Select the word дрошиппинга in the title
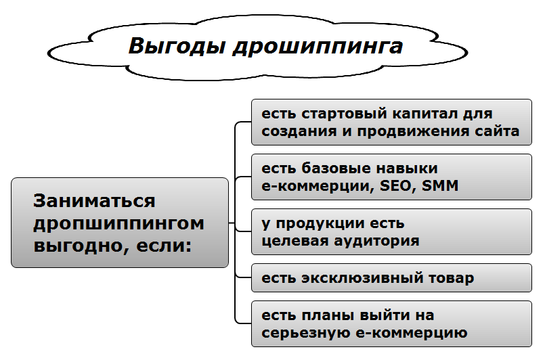click(318, 47)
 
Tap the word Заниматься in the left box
click(95, 201)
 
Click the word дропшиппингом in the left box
click(118, 223)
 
